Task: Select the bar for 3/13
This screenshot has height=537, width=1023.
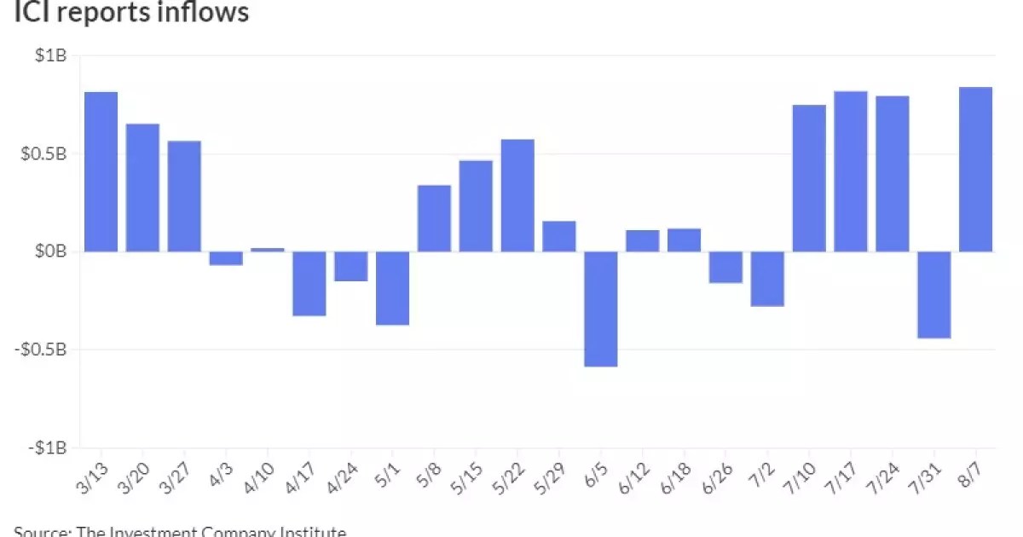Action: (101, 171)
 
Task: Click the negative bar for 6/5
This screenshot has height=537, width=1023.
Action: (601, 309)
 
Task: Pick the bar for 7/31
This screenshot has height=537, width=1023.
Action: (933, 295)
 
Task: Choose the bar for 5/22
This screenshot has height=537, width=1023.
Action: (517, 195)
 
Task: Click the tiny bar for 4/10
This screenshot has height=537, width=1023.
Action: (268, 250)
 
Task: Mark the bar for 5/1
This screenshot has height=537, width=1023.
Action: (392, 288)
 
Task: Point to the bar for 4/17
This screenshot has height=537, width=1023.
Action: (309, 284)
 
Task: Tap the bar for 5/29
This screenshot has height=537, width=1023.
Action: (559, 236)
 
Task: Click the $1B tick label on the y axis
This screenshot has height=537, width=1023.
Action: (51, 56)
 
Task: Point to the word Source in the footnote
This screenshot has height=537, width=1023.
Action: (41, 531)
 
